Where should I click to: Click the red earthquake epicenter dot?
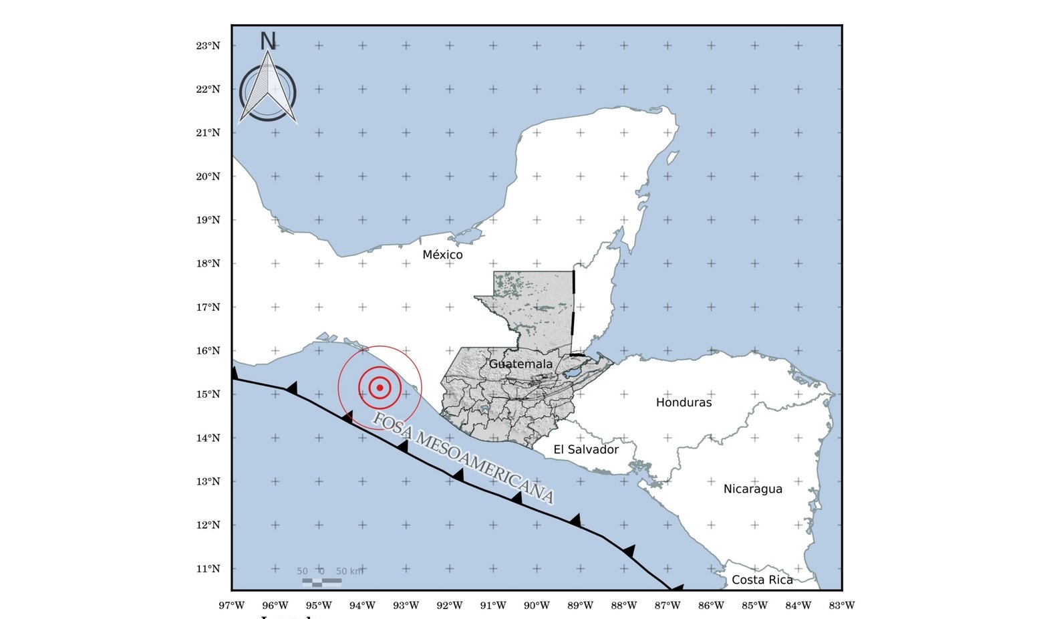(x=380, y=388)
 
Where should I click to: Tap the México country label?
(x=442, y=255)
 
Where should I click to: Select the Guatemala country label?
(x=520, y=364)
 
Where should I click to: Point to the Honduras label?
(x=684, y=402)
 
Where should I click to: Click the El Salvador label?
(x=586, y=450)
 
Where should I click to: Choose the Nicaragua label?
(x=752, y=489)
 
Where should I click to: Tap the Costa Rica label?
(x=762, y=580)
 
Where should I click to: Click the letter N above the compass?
(x=267, y=41)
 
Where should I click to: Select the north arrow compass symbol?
(x=267, y=90)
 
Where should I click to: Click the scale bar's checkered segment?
(x=321, y=582)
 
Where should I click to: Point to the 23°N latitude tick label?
(x=208, y=46)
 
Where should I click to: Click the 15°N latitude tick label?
(x=208, y=394)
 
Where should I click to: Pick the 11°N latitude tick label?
(x=208, y=569)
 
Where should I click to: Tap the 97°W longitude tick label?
(x=232, y=606)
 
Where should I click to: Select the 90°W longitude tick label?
(x=537, y=606)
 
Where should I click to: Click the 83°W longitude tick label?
(x=841, y=606)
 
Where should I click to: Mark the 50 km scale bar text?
(x=349, y=572)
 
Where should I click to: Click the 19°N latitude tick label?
(x=208, y=220)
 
